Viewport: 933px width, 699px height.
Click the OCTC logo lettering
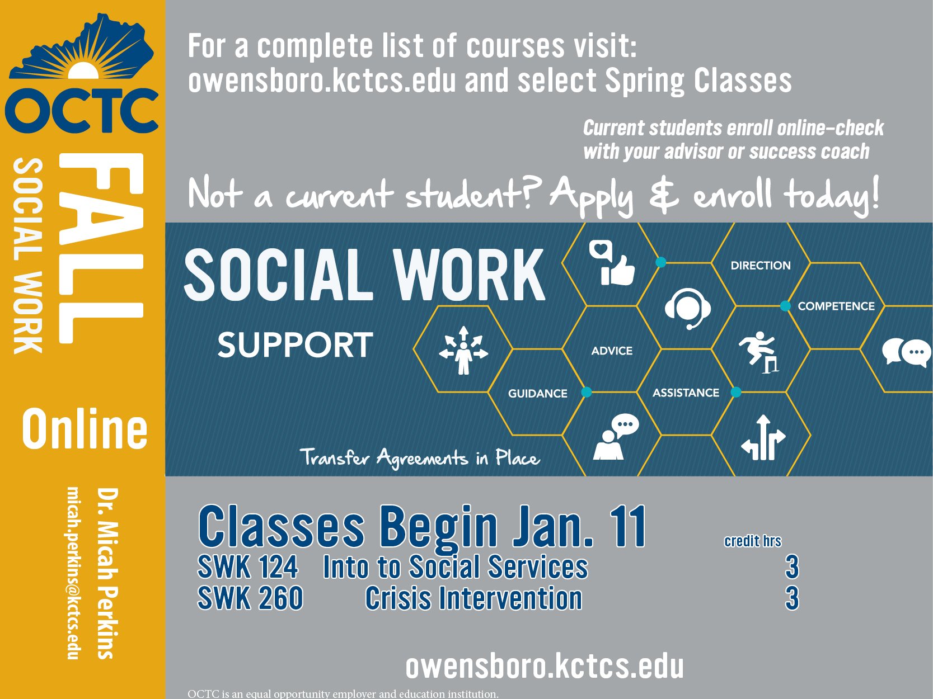pyautogui.click(x=82, y=110)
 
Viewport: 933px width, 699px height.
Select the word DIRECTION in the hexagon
pyautogui.click(x=761, y=266)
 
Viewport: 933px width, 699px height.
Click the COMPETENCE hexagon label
pyautogui.click(x=836, y=306)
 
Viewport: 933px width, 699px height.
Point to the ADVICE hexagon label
pyautogui.click(x=612, y=351)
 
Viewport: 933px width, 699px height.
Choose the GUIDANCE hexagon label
pyautogui.click(x=538, y=394)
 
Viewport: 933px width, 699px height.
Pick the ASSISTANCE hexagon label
pyautogui.click(x=686, y=393)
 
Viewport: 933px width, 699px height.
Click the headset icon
pyautogui.click(x=687, y=309)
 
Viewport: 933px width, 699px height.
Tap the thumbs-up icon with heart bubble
pyautogui.click(x=612, y=262)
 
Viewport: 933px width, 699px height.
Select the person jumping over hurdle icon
pyautogui.click(x=759, y=352)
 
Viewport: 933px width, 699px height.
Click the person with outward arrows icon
pyautogui.click(x=463, y=351)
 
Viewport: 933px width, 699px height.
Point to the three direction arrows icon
pyautogui.click(x=763, y=437)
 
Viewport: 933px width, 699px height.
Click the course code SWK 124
pyautogui.click(x=247, y=567)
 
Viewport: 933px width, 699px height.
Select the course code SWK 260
pyautogui.click(x=250, y=598)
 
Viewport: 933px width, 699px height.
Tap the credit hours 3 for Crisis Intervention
pyautogui.click(x=792, y=598)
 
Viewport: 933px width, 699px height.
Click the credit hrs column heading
pyautogui.click(x=753, y=541)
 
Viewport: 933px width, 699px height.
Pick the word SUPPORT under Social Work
pyautogui.click(x=295, y=345)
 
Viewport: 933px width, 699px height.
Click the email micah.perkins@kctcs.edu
pyautogui.click(x=73, y=573)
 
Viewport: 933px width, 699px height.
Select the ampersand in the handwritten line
pyautogui.click(x=664, y=195)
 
